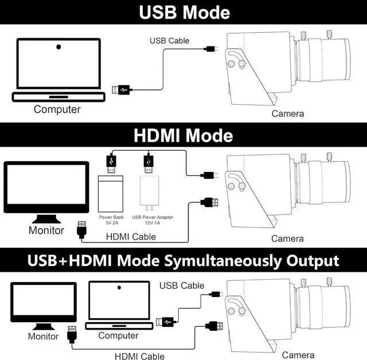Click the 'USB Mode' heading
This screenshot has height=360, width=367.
(x=183, y=12)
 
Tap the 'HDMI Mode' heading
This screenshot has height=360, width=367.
(x=183, y=136)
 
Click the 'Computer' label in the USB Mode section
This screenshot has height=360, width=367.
(x=57, y=109)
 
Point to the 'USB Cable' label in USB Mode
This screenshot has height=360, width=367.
(x=169, y=41)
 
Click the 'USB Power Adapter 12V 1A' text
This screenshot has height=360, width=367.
(x=153, y=221)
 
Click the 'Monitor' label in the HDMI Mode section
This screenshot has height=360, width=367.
(x=46, y=230)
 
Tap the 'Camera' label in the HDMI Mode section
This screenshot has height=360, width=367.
(x=287, y=238)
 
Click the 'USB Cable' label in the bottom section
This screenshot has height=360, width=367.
(x=182, y=285)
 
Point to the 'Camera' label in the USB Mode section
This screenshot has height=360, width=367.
(x=288, y=114)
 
